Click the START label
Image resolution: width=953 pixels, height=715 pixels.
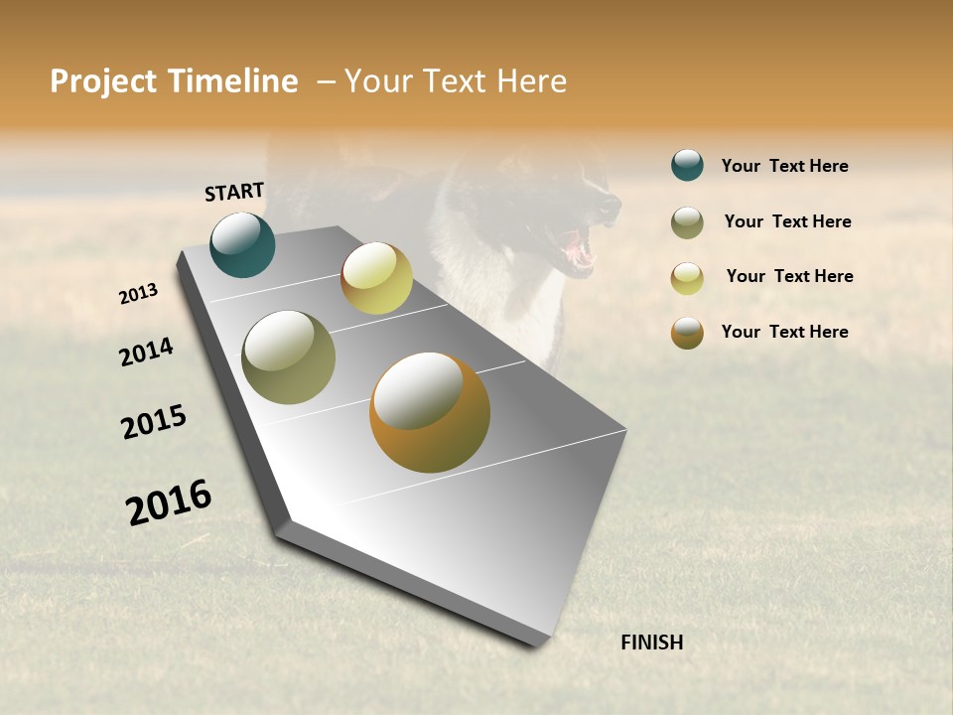234,192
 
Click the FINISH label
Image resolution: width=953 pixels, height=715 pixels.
651,643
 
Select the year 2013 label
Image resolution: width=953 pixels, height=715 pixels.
138,294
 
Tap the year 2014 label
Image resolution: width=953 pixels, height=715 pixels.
146,353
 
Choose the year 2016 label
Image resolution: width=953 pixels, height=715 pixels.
169,501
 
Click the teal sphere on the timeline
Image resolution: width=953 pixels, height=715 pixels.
242,245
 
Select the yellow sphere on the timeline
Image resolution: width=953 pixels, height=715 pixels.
376,278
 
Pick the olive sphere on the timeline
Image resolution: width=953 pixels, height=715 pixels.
289,357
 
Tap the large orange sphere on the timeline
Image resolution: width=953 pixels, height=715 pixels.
430,412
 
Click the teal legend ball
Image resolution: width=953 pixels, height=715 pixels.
687,165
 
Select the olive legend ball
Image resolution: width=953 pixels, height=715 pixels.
687,222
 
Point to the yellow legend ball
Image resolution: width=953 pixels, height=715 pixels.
687,278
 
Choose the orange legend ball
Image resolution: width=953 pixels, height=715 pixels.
687,333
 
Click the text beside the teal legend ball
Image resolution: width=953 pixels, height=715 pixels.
784,166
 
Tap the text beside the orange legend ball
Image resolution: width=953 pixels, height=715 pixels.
784,332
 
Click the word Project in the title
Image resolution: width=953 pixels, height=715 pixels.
102,81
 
